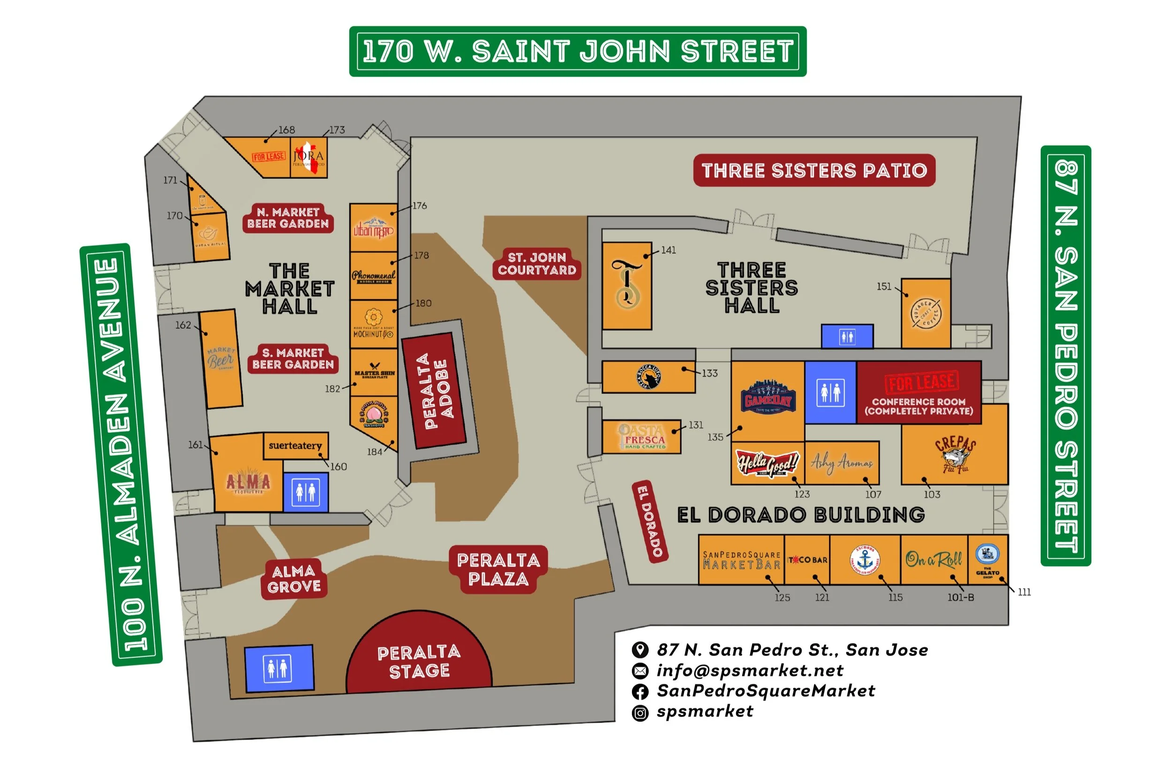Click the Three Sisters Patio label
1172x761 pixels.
[x=813, y=170]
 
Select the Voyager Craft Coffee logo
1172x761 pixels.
[x=926, y=313]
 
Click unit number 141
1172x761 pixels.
[x=668, y=250]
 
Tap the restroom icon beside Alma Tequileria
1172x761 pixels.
[x=305, y=492]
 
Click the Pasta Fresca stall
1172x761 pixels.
[x=642, y=437]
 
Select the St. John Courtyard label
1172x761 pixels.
[x=537, y=264]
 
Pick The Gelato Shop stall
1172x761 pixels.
[x=987, y=560]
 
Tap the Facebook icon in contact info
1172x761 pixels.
[x=639, y=692]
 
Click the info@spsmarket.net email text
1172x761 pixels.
[x=750, y=671]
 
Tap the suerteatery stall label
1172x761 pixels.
[x=295, y=445]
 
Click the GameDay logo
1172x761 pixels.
[x=767, y=396]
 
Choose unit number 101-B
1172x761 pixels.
[x=960, y=597]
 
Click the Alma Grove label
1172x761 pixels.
[x=294, y=578]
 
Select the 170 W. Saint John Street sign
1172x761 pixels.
[x=578, y=51]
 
